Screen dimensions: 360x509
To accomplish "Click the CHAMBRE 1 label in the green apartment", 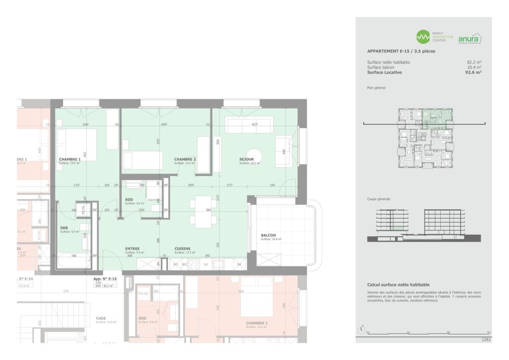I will pos(70,159).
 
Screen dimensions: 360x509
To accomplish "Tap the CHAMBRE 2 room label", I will pos(185,159).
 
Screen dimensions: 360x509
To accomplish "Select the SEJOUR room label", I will pos(246,159).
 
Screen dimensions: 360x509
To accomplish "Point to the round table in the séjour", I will pos(253,155).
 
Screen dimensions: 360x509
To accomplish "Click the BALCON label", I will pos(268,236).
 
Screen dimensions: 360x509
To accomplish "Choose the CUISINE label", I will pos(183,248).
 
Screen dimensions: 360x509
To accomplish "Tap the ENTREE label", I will pos(132,248).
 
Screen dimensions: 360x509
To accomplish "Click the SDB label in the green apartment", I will pos(64,228).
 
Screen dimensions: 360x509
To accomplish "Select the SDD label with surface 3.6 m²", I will pos(130,199).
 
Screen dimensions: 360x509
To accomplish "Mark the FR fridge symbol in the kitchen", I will pos(238,265).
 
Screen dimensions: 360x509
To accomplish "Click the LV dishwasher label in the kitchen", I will pos(206,265).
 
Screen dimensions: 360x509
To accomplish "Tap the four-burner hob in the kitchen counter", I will pos(193,264).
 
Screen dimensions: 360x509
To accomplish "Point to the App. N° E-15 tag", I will pos(105,279).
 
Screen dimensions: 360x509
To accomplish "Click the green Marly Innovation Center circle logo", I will pos(423,37).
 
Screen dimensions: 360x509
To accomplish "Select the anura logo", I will pos(469,39).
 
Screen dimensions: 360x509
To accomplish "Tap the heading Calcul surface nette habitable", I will pos(398,285).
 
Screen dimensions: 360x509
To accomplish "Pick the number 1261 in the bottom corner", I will pos(486,339).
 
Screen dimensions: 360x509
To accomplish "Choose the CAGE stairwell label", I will pos(101,318).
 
